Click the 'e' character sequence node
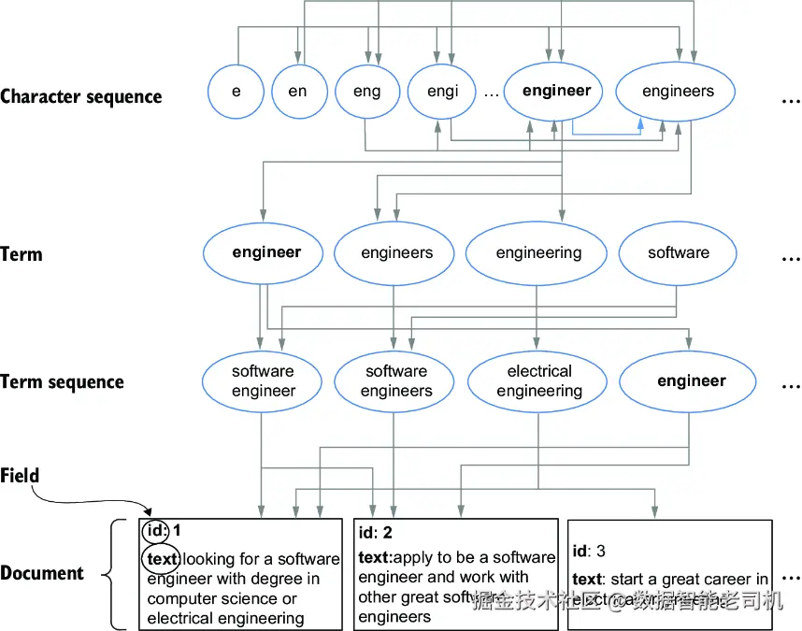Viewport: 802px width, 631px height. click(236, 92)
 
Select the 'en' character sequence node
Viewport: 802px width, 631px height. click(297, 92)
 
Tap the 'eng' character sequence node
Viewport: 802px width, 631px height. click(367, 92)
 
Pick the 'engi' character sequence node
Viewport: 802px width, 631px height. click(442, 92)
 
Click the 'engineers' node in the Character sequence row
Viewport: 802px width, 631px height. click(678, 92)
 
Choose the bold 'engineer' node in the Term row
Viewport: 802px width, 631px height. click(266, 252)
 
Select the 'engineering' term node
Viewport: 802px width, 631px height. click(538, 253)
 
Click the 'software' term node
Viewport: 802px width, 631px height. click(678, 253)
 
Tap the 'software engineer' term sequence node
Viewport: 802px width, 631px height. click(264, 381)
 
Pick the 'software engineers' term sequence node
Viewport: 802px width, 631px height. click(396, 381)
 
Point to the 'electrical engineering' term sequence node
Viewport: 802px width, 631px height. click(539, 381)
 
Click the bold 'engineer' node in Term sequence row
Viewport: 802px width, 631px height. click(691, 381)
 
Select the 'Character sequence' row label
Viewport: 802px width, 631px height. click(81, 96)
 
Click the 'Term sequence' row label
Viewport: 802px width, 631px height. click(62, 382)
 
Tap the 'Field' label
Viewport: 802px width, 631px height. click(21, 476)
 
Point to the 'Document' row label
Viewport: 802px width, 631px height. click(42, 573)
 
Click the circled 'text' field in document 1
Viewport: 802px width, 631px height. click(161, 559)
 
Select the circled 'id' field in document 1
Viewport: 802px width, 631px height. click(156, 531)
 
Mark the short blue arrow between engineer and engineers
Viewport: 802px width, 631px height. click(608, 134)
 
